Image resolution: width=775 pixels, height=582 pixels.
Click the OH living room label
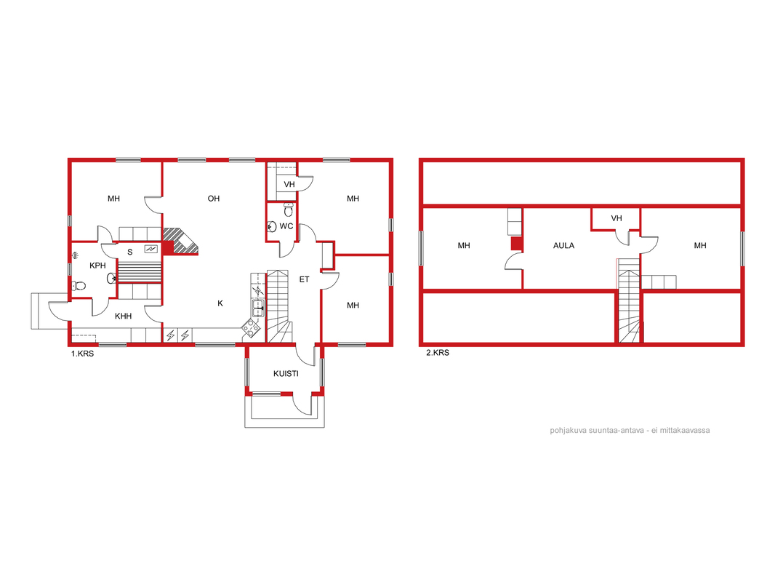click(214, 199)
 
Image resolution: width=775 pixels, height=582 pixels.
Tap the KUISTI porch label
click(286, 374)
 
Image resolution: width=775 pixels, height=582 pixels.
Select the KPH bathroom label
click(98, 266)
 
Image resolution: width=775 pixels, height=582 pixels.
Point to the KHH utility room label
click(123, 316)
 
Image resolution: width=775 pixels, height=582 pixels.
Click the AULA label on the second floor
click(563, 246)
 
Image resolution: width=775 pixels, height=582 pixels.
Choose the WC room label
click(286, 226)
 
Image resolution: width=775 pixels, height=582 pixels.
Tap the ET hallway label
click(304, 280)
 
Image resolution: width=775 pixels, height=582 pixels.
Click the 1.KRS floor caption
click(83, 354)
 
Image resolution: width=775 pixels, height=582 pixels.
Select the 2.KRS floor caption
click(438, 353)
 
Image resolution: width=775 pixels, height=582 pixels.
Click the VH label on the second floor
click(617, 218)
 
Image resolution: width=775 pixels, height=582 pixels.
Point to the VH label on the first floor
click(289, 185)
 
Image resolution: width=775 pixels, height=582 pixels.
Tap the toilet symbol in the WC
click(289, 210)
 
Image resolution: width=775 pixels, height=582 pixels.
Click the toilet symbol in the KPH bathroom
click(79, 286)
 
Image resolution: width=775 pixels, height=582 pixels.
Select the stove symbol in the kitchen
click(251, 328)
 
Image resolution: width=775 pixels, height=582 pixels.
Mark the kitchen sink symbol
click(258, 308)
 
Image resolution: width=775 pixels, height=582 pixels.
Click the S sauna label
click(130, 252)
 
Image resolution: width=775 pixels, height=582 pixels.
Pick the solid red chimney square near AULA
click(516, 244)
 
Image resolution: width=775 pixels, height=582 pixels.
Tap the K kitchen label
click(220, 303)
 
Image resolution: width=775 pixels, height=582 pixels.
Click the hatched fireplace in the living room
click(181, 242)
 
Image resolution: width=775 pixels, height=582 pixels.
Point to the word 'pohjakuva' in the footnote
click(568, 431)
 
